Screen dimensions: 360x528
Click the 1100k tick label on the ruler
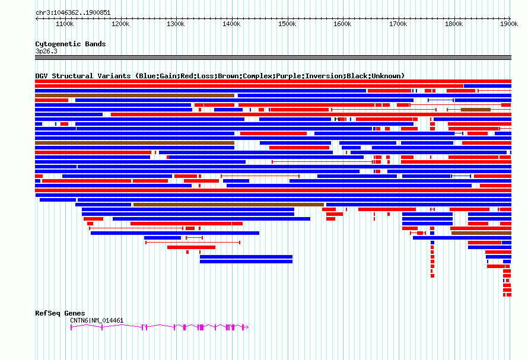(64, 24)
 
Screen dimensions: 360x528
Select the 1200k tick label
(120, 24)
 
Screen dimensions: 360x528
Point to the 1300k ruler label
(176, 24)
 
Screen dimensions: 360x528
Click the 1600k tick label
(342, 24)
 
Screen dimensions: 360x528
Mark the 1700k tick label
(397, 24)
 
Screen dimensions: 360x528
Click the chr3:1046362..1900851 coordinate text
(73, 12)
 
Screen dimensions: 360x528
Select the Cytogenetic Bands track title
(70, 44)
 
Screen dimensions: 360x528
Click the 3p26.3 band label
(46, 51)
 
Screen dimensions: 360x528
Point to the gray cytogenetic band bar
(273, 58)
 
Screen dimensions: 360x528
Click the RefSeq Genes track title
(60, 313)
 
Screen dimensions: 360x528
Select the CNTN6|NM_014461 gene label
(97, 320)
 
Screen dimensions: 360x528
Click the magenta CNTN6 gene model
(159, 327)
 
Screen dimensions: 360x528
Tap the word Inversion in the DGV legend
(324, 76)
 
